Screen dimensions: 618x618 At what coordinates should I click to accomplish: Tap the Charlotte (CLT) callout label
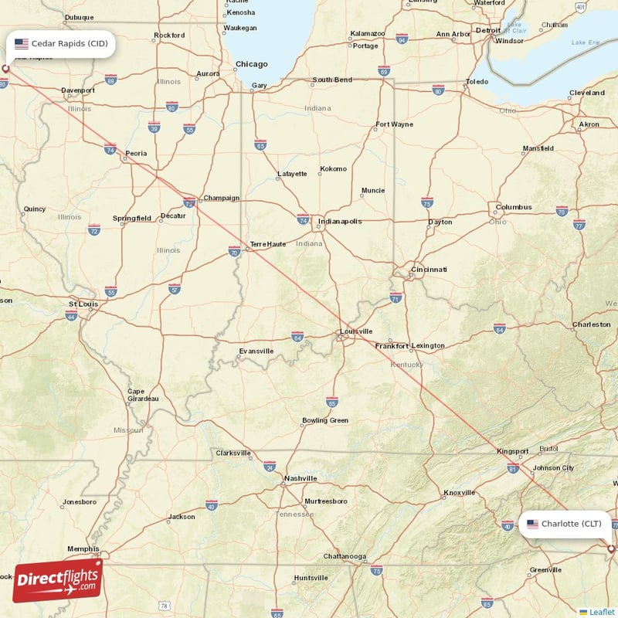pyautogui.click(x=564, y=524)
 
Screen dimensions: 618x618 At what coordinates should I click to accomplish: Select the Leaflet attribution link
pyautogui.click(x=601, y=612)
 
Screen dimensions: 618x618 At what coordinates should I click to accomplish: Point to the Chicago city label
pyautogui.click(x=251, y=64)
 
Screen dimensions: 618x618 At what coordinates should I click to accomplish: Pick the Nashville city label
pyautogui.click(x=300, y=478)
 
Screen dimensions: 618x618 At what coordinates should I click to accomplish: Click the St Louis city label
pyautogui.click(x=83, y=304)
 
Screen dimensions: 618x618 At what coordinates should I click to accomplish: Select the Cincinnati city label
pyautogui.click(x=429, y=269)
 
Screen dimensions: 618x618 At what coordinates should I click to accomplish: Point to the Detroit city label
pyautogui.click(x=488, y=30)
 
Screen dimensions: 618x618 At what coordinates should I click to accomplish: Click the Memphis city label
pyautogui.click(x=83, y=549)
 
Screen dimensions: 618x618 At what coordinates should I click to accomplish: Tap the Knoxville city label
pyautogui.click(x=460, y=493)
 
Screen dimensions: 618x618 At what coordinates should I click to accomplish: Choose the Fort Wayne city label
pyautogui.click(x=394, y=124)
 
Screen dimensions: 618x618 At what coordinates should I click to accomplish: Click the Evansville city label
pyautogui.click(x=256, y=351)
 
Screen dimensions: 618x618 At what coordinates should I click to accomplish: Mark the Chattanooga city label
pyautogui.click(x=345, y=556)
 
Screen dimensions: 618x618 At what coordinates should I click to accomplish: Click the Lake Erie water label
pyautogui.click(x=585, y=42)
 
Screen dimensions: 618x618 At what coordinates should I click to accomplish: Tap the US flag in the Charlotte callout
pyautogui.click(x=532, y=524)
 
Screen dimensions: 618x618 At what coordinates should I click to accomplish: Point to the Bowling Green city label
pyautogui.click(x=324, y=421)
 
